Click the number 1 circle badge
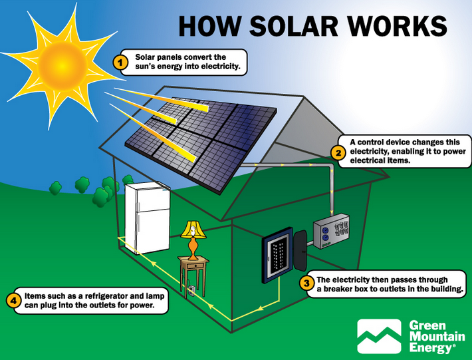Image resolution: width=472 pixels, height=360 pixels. click(x=120, y=63)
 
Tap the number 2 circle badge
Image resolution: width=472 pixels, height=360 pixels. click(x=338, y=153)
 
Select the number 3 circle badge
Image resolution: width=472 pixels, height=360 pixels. click(x=306, y=283)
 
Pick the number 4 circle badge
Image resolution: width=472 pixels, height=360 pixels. click(x=13, y=301)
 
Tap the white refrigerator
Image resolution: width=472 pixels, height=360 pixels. click(x=148, y=218)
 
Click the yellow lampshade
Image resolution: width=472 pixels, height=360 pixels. click(x=193, y=230)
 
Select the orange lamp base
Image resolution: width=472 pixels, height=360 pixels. click(x=193, y=248)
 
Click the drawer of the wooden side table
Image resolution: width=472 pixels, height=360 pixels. click(x=195, y=266)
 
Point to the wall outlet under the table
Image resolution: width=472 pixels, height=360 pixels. click(x=191, y=291)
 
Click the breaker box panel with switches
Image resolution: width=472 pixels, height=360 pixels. click(x=277, y=255)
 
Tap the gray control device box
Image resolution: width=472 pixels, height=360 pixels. click(x=331, y=231)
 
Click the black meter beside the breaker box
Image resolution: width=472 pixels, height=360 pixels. click(x=300, y=250)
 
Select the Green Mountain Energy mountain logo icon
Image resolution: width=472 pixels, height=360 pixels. click(x=379, y=336)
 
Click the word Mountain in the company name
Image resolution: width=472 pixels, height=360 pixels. click(x=437, y=336)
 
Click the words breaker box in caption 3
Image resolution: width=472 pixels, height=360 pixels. click(x=342, y=289)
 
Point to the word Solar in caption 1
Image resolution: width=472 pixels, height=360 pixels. click(x=146, y=57)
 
